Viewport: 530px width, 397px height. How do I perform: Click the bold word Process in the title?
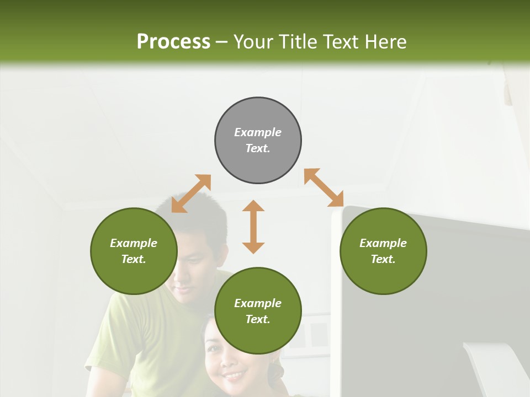tap(173, 42)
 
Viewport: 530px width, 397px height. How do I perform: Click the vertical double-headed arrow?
tap(253, 227)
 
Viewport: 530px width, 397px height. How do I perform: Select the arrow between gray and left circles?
tap(191, 194)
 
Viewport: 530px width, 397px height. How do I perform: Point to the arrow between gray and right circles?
tap(324, 187)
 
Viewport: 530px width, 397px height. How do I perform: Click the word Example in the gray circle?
tap(258, 132)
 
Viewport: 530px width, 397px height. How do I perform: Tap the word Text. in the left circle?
tap(134, 259)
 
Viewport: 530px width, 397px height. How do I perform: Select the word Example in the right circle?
tap(383, 243)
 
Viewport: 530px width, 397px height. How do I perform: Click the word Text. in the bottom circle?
tap(258, 319)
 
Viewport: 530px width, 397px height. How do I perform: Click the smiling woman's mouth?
tap(234, 376)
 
